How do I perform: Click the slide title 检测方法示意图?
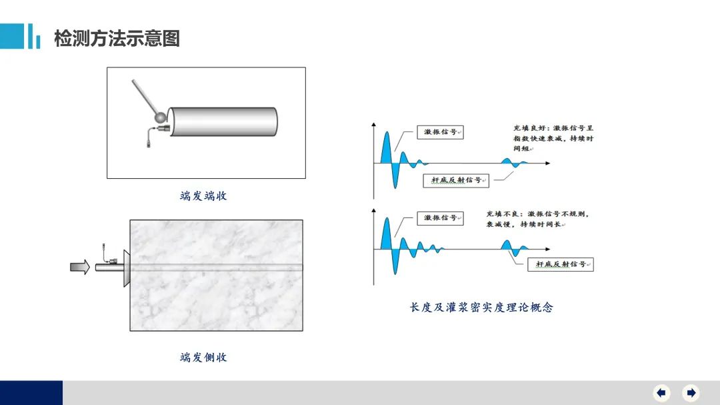(x=117, y=38)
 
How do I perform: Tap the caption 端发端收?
(x=203, y=196)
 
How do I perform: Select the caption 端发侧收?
(x=203, y=357)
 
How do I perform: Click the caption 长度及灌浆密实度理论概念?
(x=481, y=307)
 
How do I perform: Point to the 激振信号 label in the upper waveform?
(x=441, y=132)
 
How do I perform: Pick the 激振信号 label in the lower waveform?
(x=441, y=218)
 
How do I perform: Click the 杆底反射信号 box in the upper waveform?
(x=456, y=180)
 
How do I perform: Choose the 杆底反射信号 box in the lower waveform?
(x=561, y=264)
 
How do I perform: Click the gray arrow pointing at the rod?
(x=80, y=267)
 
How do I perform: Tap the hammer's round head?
(x=160, y=117)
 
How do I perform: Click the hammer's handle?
(x=145, y=97)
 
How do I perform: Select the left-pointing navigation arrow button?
(x=662, y=392)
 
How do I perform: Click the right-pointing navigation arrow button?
(x=691, y=392)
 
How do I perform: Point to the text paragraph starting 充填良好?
(x=553, y=138)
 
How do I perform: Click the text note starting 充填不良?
(x=537, y=219)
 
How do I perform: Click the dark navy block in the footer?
(x=31, y=392)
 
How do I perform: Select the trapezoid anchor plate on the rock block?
(x=127, y=268)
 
